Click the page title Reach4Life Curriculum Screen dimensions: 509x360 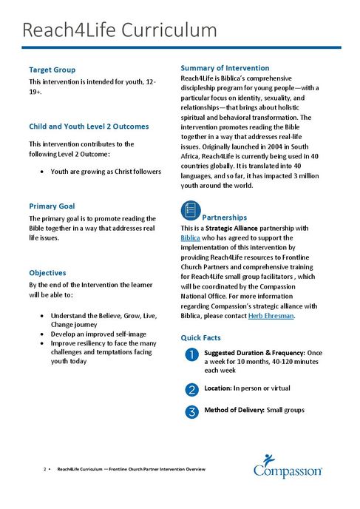click(x=119, y=31)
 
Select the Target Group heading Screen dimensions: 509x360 click(x=52, y=70)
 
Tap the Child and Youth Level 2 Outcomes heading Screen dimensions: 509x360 click(x=89, y=127)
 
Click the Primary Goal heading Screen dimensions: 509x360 click(x=52, y=206)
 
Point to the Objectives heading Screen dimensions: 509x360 click(x=47, y=273)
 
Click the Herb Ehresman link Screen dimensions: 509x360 click(x=274, y=316)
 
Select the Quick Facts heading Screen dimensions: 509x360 click(x=202, y=337)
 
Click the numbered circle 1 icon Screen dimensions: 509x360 click(x=191, y=355)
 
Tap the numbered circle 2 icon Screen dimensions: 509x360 click(x=191, y=389)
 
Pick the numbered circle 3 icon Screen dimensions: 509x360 click(x=191, y=411)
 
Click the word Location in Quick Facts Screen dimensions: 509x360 click(x=217, y=388)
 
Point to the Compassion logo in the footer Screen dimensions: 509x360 click(x=288, y=468)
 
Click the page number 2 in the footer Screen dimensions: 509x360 click(x=45, y=470)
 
